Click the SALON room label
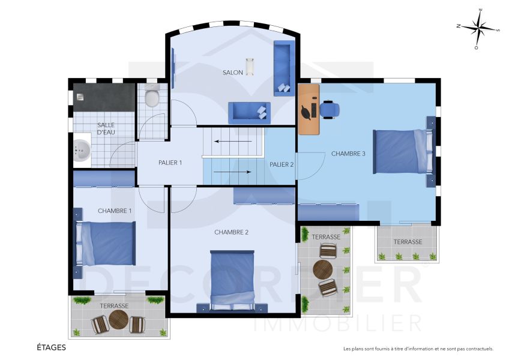click(x=233, y=73)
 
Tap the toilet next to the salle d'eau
click(x=152, y=96)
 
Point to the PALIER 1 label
click(x=170, y=163)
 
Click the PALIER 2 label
click(x=281, y=164)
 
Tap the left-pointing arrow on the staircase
click(x=233, y=142)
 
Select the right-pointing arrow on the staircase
click(x=233, y=172)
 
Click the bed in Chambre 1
click(x=105, y=243)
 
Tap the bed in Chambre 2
click(x=232, y=278)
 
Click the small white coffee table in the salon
click(x=249, y=66)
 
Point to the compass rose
click(x=477, y=28)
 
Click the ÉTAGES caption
click(x=51, y=347)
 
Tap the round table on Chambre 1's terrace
click(x=118, y=321)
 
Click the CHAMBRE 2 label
click(x=231, y=232)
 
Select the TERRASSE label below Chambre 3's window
click(x=408, y=242)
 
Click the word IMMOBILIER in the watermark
click(x=337, y=323)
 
